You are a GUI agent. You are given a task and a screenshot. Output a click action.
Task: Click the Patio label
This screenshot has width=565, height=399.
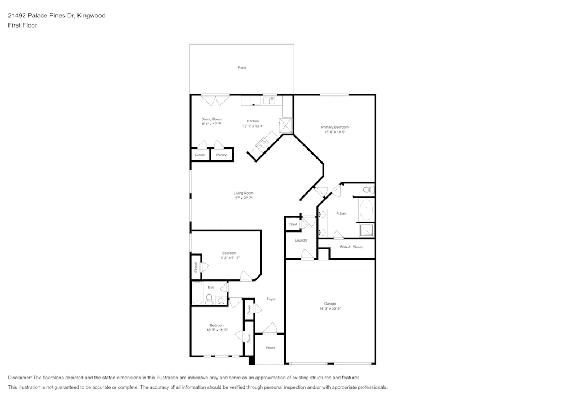(x=242, y=68)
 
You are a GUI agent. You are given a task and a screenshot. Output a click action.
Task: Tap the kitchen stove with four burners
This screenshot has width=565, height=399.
(x=262, y=144)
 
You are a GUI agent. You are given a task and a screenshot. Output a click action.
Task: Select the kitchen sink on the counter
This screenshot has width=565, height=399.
(x=270, y=100)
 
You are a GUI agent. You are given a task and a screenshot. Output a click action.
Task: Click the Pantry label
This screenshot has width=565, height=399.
(x=221, y=155)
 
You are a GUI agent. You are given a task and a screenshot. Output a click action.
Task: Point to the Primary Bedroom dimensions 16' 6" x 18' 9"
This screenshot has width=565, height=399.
(x=335, y=133)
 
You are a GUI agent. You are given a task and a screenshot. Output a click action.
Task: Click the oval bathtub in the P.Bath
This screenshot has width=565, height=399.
(x=367, y=209)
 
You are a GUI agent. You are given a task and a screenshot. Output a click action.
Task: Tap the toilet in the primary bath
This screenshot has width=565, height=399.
(x=367, y=190)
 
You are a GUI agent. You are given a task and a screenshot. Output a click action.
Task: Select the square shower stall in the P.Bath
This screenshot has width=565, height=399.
(x=367, y=230)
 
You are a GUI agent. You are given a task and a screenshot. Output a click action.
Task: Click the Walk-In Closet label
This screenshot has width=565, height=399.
(x=351, y=247)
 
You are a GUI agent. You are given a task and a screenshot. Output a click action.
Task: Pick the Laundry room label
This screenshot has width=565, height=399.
(x=301, y=240)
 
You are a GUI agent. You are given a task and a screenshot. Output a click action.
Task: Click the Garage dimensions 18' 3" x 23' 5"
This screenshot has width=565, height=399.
(x=329, y=309)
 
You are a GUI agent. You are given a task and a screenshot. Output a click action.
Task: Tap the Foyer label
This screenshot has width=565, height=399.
(x=271, y=299)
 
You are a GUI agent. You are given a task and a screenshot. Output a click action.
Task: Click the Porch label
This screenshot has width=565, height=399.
(x=270, y=348)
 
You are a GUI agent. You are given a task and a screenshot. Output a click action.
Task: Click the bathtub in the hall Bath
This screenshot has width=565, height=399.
(x=198, y=294)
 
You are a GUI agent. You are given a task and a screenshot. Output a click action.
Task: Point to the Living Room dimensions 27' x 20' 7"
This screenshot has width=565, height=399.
(x=244, y=198)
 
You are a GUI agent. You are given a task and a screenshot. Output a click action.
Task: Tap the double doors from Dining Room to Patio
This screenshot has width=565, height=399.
(x=216, y=100)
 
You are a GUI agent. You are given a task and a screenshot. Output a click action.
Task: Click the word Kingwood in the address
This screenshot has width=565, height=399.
(x=91, y=16)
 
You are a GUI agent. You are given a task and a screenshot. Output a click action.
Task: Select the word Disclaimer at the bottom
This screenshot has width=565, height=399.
(x=20, y=378)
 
